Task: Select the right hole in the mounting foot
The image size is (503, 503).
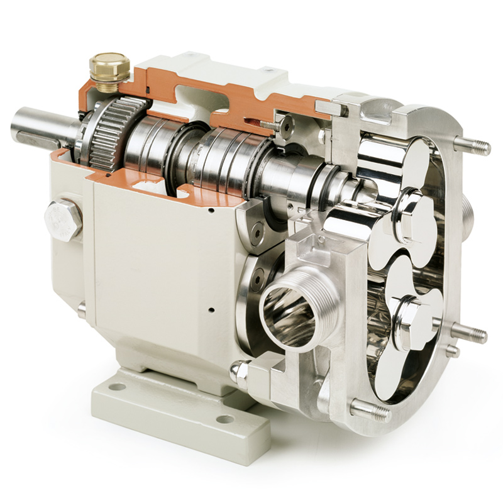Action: coord(224,419)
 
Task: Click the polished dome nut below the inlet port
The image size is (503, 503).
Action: coord(240,372)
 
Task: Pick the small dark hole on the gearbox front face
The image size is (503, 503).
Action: coord(211,309)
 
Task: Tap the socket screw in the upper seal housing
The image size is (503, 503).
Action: coord(256,233)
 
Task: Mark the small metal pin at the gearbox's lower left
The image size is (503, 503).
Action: coord(82,309)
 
